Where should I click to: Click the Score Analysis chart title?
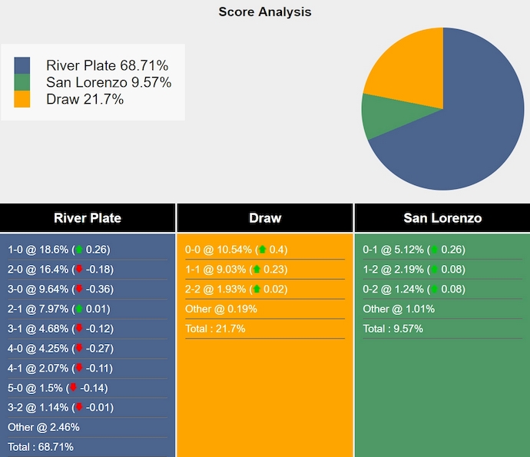tap(264, 12)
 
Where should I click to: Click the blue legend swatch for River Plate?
tap(22, 65)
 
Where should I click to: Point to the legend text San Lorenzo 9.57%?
tap(108, 82)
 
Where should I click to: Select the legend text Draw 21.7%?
tap(84, 99)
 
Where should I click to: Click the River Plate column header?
tap(88, 218)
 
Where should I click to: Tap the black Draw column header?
tap(265, 218)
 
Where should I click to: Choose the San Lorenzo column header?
tap(442, 218)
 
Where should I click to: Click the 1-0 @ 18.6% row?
tap(58, 250)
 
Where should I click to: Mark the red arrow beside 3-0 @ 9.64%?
tap(78, 290)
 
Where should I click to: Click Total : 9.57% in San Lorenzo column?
tap(393, 329)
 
